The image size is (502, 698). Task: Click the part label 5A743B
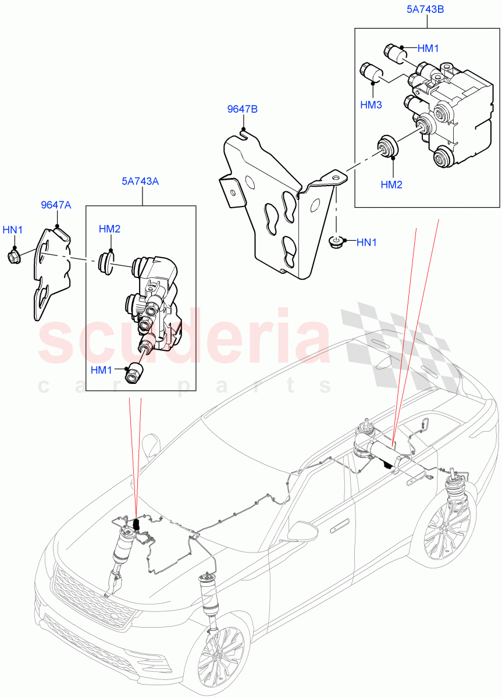coord(427,10)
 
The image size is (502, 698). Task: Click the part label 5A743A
coord(140,181)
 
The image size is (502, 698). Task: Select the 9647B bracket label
coord(242,109)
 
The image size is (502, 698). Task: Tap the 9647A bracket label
coord(56,205)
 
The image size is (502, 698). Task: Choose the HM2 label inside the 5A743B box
coord(392,184)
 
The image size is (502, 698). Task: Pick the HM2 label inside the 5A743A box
coord(109,229)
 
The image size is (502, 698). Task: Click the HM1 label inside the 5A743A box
coord(102,369)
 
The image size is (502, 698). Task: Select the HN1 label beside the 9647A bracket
coord(13,230)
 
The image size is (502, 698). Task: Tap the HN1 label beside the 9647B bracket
coord(366,242)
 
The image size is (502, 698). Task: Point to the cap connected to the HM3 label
coord(370,73)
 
